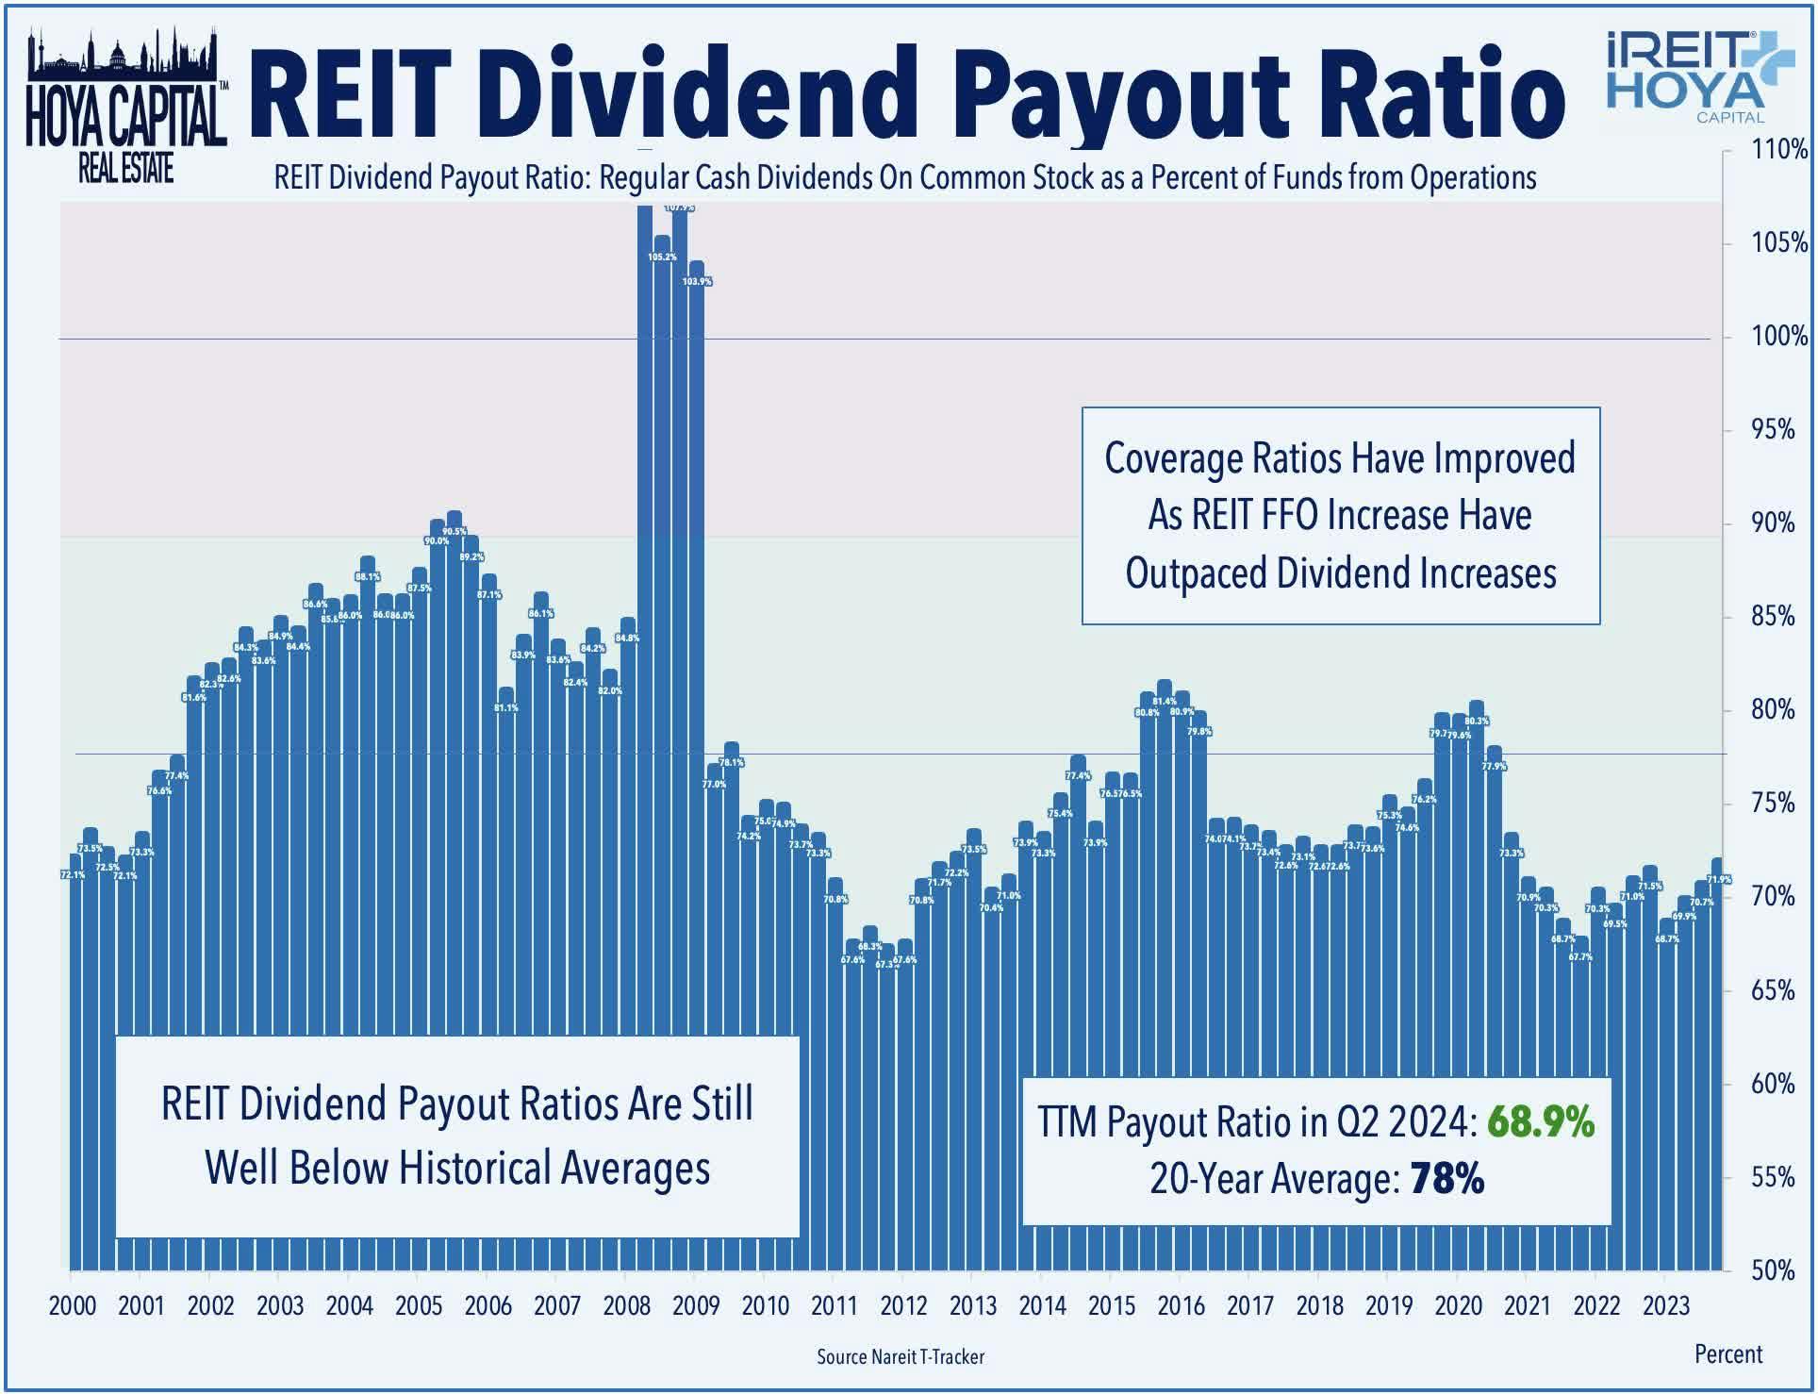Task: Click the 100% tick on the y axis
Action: pyautogui.click(x=1766, y=337)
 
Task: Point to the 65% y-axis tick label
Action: pyautogui.click(x=1766, y=990)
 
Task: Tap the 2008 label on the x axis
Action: pyautogui.click(x=626, y=1306)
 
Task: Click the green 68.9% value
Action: pyautogui.click(x=1541, y=1122)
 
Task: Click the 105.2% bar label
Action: pyautogui.click(x=662, y=257)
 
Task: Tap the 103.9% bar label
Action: pyautogui.click(x=697, y=281)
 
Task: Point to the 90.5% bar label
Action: pyautogui.click(x=454, y=531)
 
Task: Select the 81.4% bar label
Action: pyautogui.click(x=1165, y=701)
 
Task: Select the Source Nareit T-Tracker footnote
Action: pyautogui.click(x=900, y=1356)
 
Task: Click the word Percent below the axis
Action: pyautogui.click(x=1727, y=1353)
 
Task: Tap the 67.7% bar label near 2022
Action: pyautogui.click(x=1580, y=956)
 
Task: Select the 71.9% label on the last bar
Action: pyautogui.click(x=1719, y=879)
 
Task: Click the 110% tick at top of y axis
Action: pyautogui.click(x=1766, y=150)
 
